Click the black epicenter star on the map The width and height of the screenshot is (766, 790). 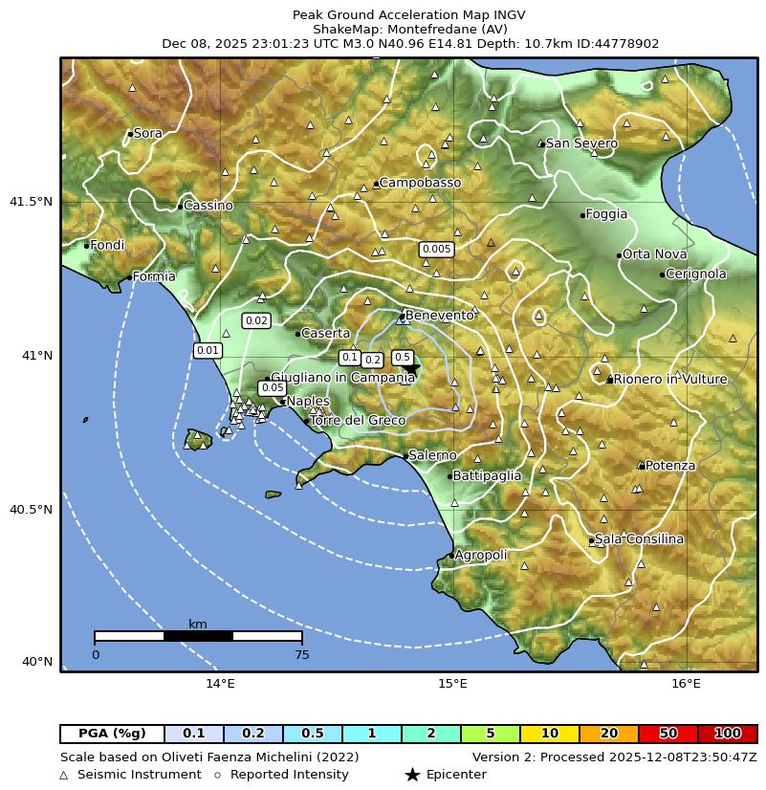pyautogui.click(x=410, y=367)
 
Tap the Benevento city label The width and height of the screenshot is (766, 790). pyautogui.click(x=440, y=316)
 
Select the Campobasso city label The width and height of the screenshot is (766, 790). pyautogui.click(x=420, y=183)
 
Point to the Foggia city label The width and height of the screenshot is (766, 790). pyautogui.click(x=606, y=214)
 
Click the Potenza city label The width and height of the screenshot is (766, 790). pyautogui.click(x=670, y=466)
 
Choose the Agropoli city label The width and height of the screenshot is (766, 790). pyautogui.click(x=481, y=555)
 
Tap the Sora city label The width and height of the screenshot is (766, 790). pyautogui.click(x=147, y=133)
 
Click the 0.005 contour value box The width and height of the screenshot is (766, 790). pyautogui.click(x=436, y=250)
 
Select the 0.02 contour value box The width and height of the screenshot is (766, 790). pyautogui.click(x=256, y=320)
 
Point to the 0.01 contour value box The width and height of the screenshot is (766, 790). pyautogui.click(x=208, y=350)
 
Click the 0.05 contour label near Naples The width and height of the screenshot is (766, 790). pyautogui.click(x=273, y=387)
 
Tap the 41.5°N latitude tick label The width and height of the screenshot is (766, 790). pyautogui.click(x=31, y=202)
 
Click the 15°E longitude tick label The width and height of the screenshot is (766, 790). pyautogui.click(x=452, y=683)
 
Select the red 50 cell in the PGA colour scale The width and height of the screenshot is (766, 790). pyautogui.click(x=668, y=734)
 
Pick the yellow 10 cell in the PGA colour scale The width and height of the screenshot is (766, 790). pyautogui.click(x=550, y=734)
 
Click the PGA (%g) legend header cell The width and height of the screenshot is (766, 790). pyautogui.click(x=112, y=734)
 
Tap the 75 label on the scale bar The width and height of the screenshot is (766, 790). pyautogui.click(x=301, y=655)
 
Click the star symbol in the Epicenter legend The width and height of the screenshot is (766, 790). pyautogui.click(x=412, y=775)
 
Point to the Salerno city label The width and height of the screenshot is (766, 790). pyautogui.click(x=432, y=455)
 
